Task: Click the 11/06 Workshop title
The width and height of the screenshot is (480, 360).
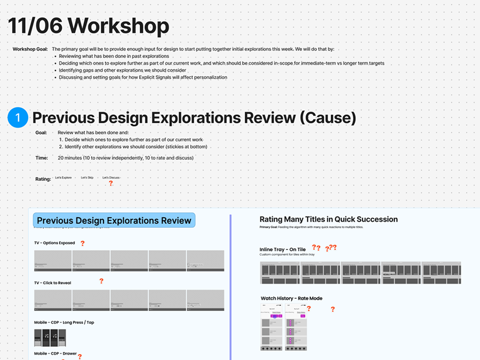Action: point(88,26)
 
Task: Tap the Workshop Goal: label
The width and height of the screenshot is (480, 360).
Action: point(30,49)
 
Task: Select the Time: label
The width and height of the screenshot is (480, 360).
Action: point(42,158)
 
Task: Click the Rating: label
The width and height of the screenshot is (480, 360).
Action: point(43,179)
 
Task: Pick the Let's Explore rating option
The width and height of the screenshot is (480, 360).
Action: point(63,178)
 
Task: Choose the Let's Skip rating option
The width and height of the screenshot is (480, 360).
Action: point(87,178)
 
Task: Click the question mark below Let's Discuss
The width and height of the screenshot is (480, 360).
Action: point(111,183)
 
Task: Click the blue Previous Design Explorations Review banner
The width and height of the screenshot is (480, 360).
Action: point(114,220)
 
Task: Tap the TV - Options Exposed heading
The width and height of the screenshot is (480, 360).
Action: point(54,243)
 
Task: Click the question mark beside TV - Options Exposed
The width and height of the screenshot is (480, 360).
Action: point(82,243)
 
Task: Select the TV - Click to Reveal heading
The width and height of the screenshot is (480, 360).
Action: point(52,283)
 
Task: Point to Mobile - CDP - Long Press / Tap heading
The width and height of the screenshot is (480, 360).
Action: point(64,322)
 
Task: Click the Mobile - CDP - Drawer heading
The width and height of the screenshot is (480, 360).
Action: point(55,353)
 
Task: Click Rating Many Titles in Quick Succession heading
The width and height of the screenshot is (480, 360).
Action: point(329,219)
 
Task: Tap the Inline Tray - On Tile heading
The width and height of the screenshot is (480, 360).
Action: point(283,249)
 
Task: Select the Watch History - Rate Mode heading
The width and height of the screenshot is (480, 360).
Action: point(291,298)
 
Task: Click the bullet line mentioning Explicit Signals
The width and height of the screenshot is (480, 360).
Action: point(143,77)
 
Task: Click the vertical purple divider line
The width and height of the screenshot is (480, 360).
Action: point(230,283)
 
